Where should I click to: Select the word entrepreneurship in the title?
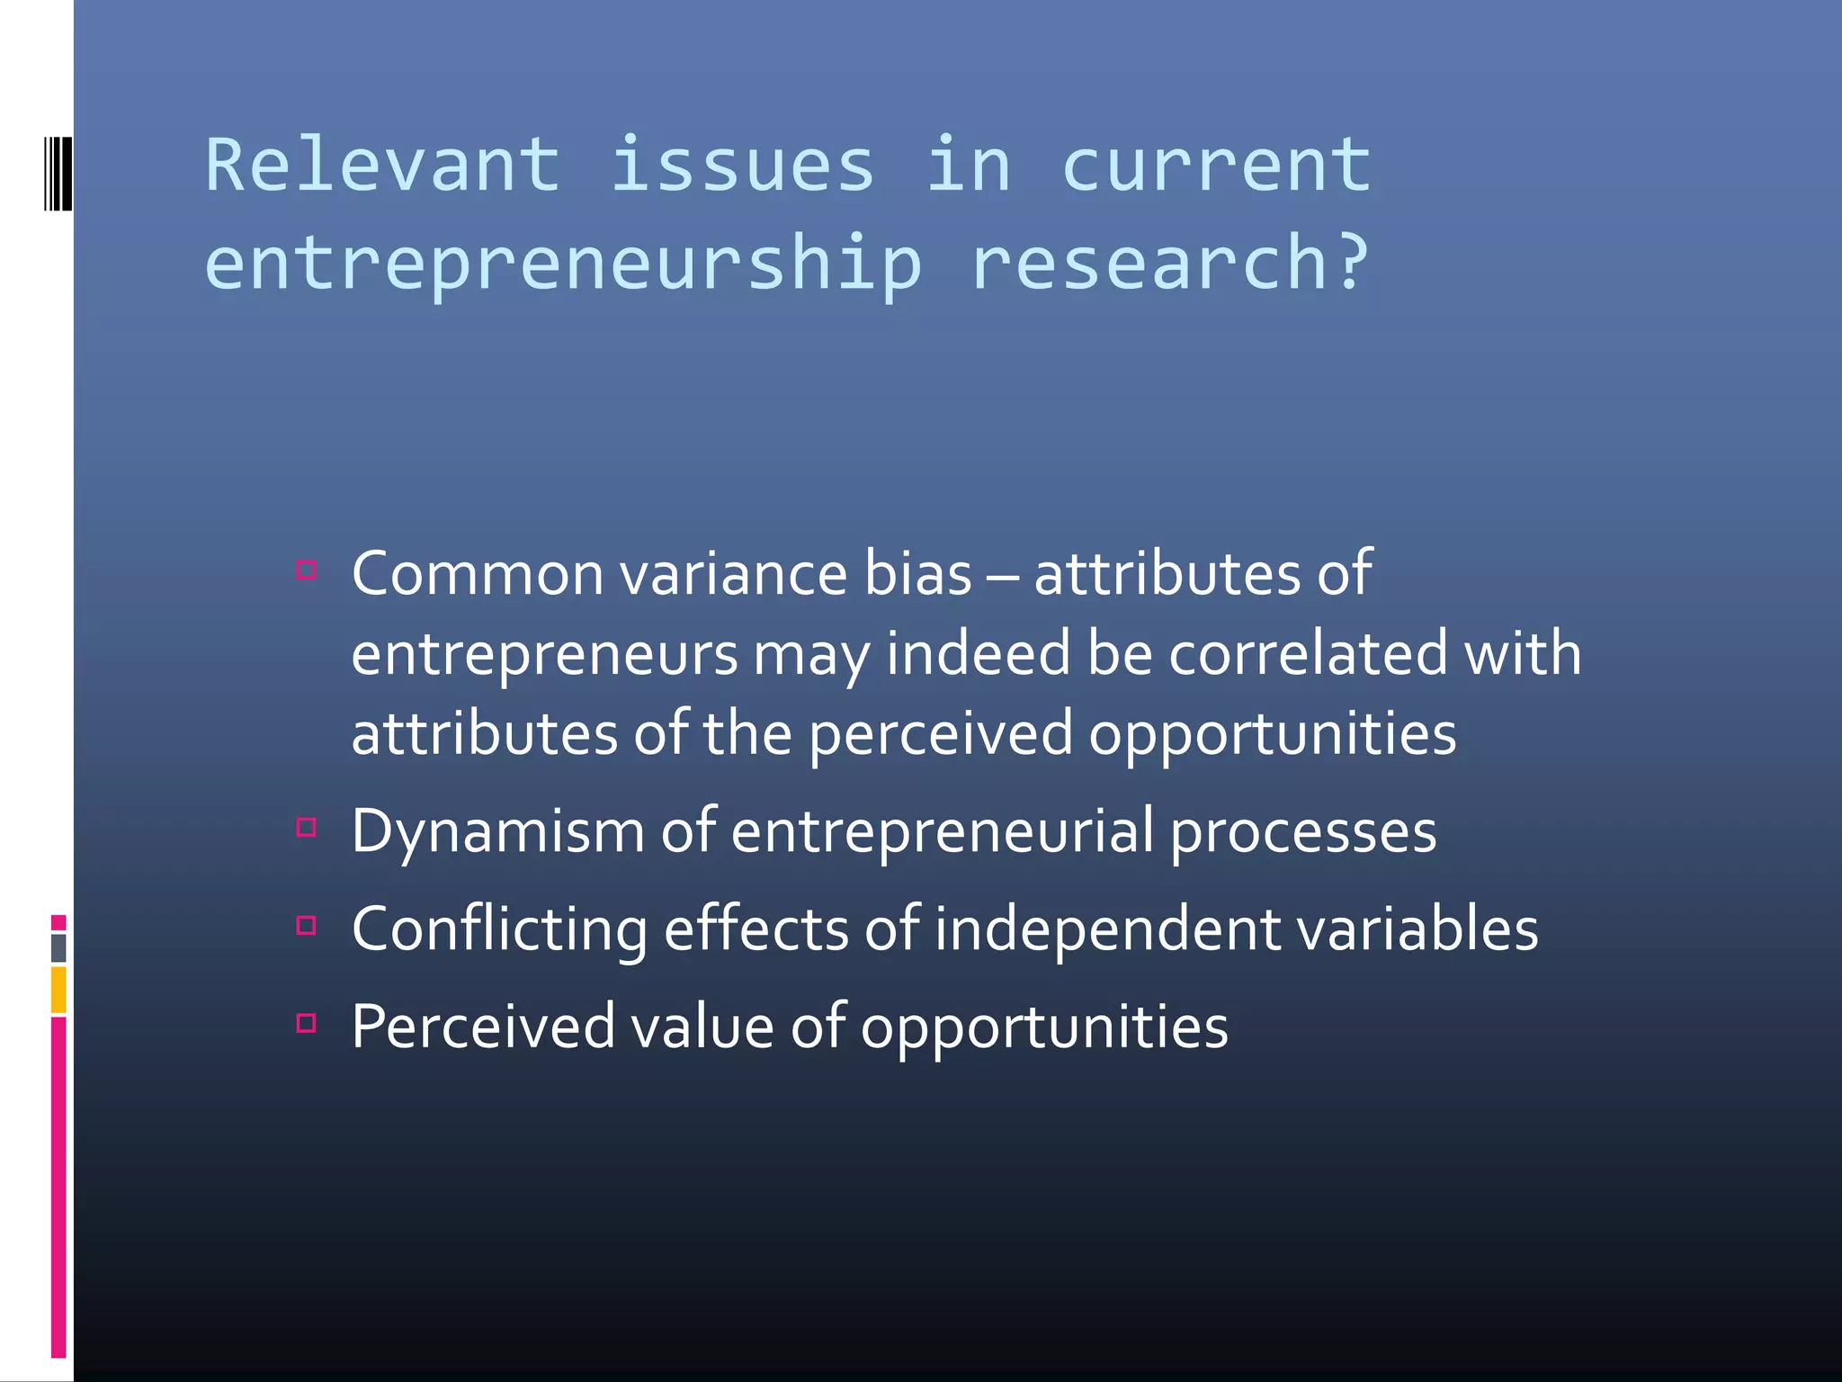click(563, 265)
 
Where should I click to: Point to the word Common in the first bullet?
click(477, 574)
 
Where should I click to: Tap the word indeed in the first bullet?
click(978, 654)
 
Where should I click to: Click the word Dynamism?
click(497, 832)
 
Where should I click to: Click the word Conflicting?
click(499, 929)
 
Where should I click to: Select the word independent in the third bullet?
click(1107, 929)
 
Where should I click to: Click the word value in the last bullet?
click(702, 1027)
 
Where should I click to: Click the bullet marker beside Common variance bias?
click(307, 570)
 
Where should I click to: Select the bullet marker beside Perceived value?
click(307, 1023)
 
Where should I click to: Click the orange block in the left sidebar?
click(58, 990)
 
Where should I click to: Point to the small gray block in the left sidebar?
click(58, 947)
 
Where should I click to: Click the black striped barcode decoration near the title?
click(58, 173)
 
